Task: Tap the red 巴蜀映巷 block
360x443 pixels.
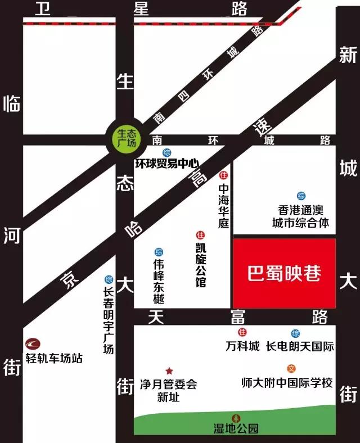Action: click(x=284, y=273)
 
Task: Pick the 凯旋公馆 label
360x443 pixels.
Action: click(x=200, y=264)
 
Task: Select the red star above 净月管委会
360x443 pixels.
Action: click(x=169, y=372)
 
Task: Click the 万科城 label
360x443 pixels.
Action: click(x=242, y=346)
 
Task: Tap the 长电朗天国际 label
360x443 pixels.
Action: click(x=300, y=346)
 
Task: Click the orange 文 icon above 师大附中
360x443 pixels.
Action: click(x=291, y=369)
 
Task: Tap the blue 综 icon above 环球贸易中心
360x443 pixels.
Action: click(x=167, y=153)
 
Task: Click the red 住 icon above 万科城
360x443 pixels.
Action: click(x=242, y=333)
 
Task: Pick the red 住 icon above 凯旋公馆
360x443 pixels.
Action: click(x=199, y=234)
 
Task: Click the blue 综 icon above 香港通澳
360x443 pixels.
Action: click(x=301, y=196)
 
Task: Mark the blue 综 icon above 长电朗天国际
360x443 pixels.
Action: click(x=295, y=333)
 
